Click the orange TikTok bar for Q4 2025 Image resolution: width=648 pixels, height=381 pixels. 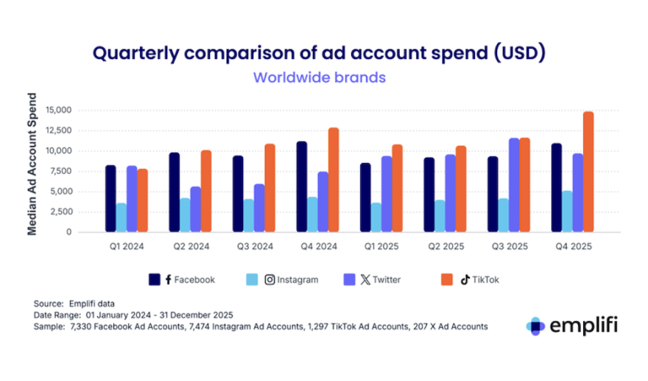(x=588, y=172)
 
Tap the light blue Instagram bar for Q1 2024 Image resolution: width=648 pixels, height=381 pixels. (x=121, y=217)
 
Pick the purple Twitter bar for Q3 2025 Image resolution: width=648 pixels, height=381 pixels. (x=514, y=185)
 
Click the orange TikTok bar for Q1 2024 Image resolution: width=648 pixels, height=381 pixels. (x=142, y=200)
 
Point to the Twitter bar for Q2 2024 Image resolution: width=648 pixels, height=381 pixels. (x=195, y=209)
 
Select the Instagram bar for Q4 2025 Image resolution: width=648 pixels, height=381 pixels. (x=568, y=212)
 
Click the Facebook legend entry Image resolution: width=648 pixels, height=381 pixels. (x=182, y=279)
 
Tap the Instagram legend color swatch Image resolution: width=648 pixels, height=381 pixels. (x=250, y=279)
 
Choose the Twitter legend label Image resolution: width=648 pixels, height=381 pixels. (x=387, y=279)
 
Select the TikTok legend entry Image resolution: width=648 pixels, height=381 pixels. (x=480, y=279)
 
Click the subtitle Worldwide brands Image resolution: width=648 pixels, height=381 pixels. (x=320, y=77)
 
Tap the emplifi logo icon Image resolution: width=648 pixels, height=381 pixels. (x=536, y=326)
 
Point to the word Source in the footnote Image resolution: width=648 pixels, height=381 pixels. (x=48, y=303)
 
